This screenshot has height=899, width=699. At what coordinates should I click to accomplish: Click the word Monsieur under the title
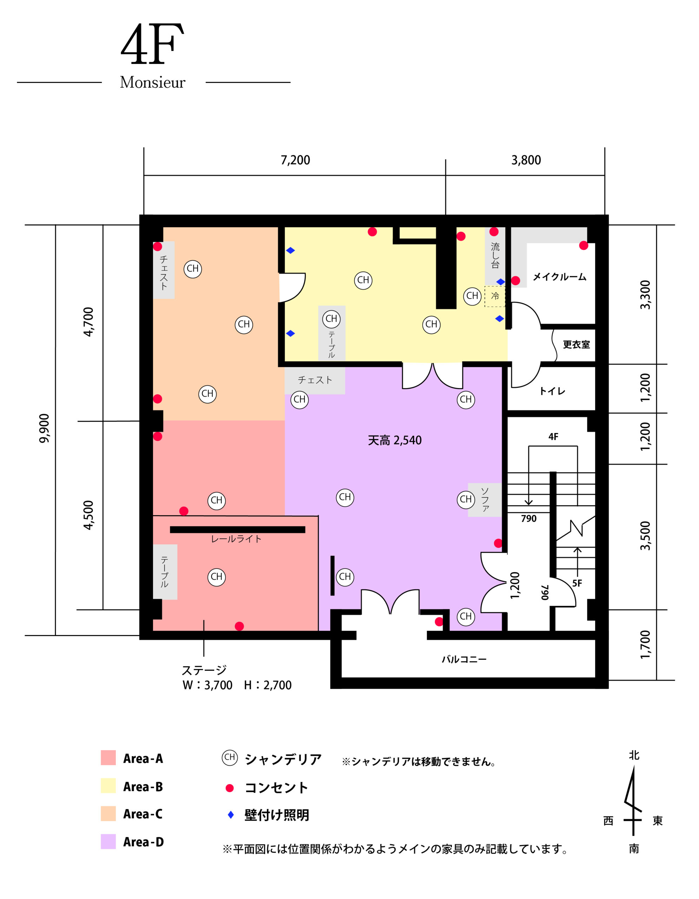(153, 82)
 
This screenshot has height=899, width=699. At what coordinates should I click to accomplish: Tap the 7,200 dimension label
(295, 160)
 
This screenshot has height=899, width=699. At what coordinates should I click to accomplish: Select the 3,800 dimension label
(526, 160)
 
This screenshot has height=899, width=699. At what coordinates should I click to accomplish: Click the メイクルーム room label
(560, 277)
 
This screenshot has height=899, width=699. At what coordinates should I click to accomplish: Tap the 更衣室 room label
(576, 344)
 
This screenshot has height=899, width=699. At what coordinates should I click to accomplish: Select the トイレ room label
(552, 391)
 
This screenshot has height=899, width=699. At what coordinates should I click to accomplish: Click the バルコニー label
(464, 660)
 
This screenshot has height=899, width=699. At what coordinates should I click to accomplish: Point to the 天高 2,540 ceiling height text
(395, 440)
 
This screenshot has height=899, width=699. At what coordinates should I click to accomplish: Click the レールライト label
(236, 539)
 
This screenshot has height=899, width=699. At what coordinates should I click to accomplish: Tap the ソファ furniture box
(484, 500)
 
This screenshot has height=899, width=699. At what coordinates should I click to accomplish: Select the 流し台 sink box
(495, 256)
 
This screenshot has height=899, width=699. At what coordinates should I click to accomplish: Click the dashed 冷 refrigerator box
(495, 296)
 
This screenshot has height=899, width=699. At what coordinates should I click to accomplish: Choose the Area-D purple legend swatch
(108, 842)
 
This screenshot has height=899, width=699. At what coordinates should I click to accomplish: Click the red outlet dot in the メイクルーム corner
(583, 245)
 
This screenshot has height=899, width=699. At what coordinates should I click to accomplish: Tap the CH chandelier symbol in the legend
(230, 757)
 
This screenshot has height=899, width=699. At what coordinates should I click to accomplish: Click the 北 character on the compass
(634, 755)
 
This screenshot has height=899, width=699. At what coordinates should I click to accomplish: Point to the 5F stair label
(577, 583)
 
